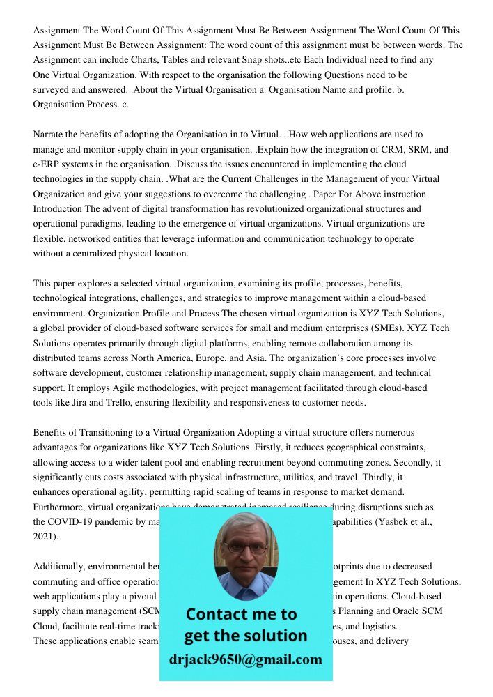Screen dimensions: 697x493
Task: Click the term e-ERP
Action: (x=47, y=164)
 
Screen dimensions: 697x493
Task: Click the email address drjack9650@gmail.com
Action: (x=246, y=659)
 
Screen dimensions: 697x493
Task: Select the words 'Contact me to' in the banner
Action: (x=241, y=614)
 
